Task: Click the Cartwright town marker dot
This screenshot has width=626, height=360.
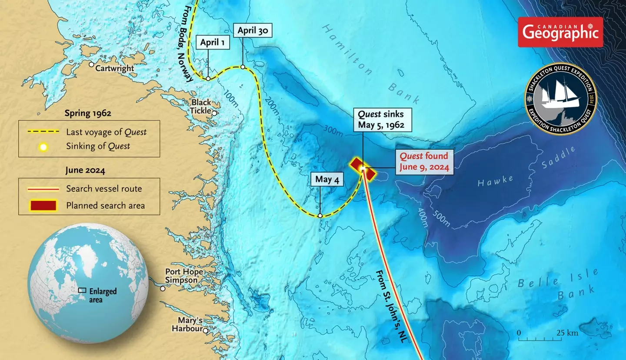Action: [x=92, y=64]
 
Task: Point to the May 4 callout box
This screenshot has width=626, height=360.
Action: [x=327, y=179]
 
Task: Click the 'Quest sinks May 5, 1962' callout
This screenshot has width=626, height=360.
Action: [x=381, y=120]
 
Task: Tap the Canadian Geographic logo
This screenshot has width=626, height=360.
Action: [x=560, y=32]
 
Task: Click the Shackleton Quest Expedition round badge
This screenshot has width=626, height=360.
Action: [x=560, y=99]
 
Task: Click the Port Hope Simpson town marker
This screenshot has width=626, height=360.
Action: [x=163, y=288]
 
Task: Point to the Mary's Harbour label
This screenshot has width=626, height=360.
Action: [x=187, y=324]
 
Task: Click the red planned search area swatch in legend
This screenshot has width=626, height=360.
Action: [x=43, y=205]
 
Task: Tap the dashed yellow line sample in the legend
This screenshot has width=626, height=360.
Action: [x=43, y=132]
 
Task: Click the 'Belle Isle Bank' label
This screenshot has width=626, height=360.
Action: [x=559, y=284]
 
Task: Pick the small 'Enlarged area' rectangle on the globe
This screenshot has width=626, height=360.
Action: [x=82, y=290]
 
